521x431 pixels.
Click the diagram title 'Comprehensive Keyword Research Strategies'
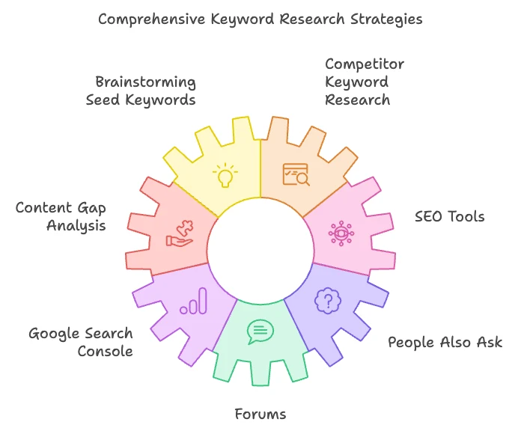point(260,18)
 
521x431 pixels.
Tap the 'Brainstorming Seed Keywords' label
point(145,91)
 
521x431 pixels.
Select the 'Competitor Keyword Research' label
point(357,82)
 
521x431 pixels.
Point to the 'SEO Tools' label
point(449,217)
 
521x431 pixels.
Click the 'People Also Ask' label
point(445,343)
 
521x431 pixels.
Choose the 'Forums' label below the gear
point(260,414)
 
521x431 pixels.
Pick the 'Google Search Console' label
point(81,342)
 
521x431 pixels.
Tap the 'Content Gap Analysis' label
point(61,216)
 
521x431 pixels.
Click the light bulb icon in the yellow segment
point(224,177)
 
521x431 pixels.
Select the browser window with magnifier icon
point(295,174)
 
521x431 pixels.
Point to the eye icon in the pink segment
point(341,233)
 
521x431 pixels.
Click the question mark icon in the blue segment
point(326,301)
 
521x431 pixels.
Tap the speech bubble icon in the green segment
point(260,331)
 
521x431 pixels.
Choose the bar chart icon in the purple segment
point(193,301)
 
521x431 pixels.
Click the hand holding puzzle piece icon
point(180,233)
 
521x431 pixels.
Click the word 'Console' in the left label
point(106,351)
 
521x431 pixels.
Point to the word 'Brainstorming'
point(145,82)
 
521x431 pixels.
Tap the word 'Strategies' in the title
point(386,18)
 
